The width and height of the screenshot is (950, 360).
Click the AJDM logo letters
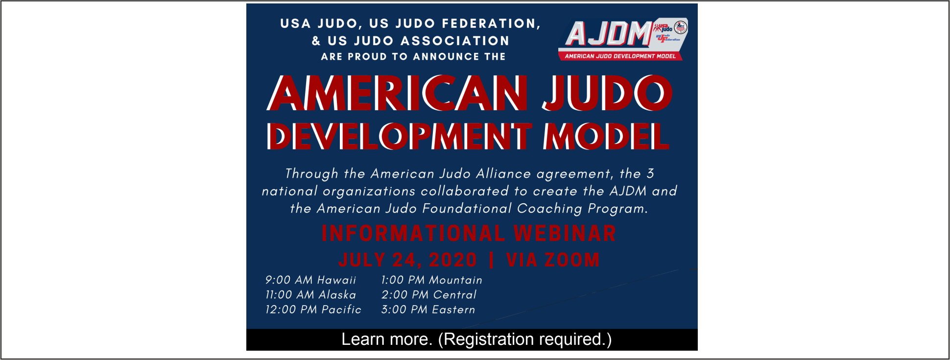[x=609, y=33]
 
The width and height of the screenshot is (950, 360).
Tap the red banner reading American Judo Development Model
[x=620, y=56]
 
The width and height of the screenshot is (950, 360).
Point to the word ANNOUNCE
[x=446, y=57]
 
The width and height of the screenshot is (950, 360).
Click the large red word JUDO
[x=607, y=93]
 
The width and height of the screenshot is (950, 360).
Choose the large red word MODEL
[x=606, y=136]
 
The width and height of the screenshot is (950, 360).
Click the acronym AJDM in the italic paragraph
[x=628, y=191]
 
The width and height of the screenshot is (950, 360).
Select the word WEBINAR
[x=565, y=234]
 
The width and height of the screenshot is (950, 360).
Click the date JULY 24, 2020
[x=407, y=260]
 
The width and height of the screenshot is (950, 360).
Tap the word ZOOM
[x=572, y=260]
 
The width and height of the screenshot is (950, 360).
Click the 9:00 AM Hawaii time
[x=310, y=280]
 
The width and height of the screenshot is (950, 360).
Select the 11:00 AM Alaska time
[x=310, y=295]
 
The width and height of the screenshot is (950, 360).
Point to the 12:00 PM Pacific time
[x=313, y=310]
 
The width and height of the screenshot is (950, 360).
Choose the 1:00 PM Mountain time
[x=431, y=280]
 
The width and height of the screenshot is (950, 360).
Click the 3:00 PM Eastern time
[x=428, y=310]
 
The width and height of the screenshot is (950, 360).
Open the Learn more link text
[x=386, y=339]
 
